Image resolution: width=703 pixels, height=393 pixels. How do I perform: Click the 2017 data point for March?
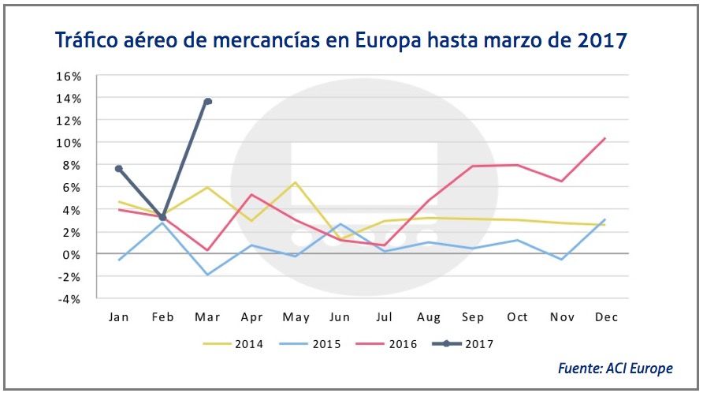pyautogui.click(x=207, y=101)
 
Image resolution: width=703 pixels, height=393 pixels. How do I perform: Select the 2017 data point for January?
pyautogui.click(x=118, y=169)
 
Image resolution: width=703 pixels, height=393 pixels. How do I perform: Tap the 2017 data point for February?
pyautogui.click(x=162, y=217)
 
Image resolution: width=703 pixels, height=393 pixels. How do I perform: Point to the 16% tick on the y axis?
pyautogui.click(x=69, y=76)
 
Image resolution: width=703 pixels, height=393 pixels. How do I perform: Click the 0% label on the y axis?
pyautogui.click(x=73, y=254)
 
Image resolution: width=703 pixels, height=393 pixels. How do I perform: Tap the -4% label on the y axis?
pyautogui.click(x=70, y=299)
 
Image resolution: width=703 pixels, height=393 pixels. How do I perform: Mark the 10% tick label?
pyautogui.click(x=69, y=143)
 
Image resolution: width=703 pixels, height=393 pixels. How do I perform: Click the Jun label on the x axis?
pyautogui.click(x=340, y=316)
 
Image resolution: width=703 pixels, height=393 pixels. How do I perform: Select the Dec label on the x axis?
pyautogui.click(x=605, y=316)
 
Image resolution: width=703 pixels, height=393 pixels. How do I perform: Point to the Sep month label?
pyautogui.click(x=472, y=316)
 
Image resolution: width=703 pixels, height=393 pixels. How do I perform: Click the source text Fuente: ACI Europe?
pyautogui.click(x=616, y=369)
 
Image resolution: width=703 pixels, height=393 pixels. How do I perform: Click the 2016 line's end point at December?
pyautogui.click(x=604, y=138)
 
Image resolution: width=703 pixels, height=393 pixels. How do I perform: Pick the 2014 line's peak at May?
pyautogui.click(x=296, y=182)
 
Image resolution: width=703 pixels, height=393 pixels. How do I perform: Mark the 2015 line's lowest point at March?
pyautogui.click(x=207, y=275)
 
